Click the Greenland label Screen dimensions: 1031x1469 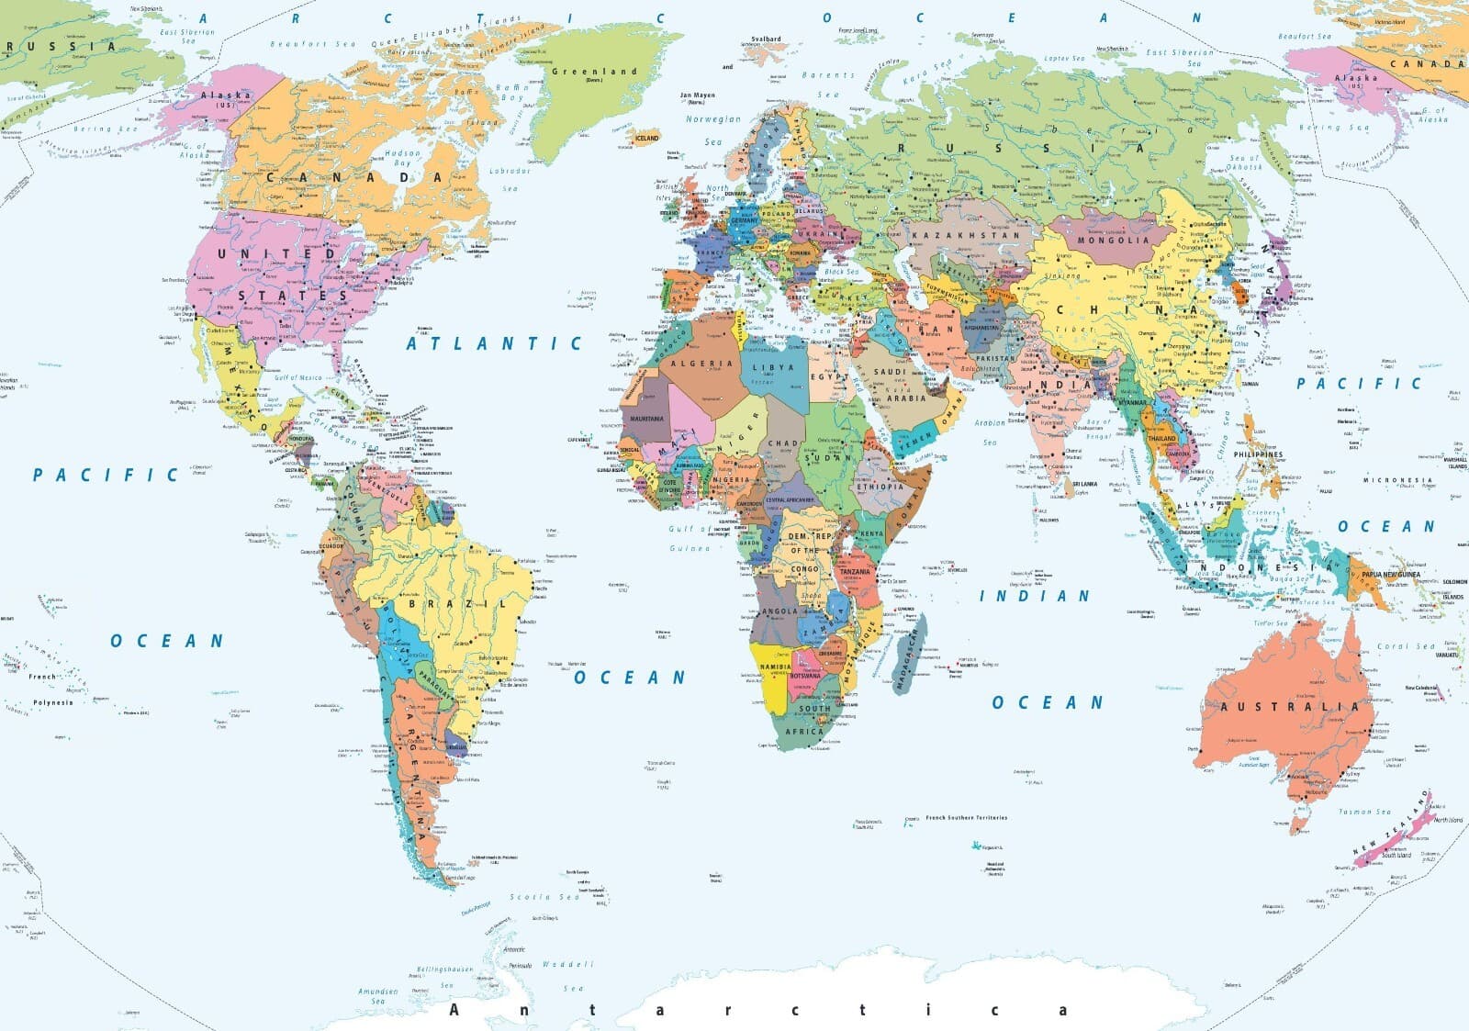tap(594, 71)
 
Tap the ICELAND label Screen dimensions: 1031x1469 tap(647, 138)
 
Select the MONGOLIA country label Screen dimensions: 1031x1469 tap(1113, 241)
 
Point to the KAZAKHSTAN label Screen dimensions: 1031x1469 tap(966, 235)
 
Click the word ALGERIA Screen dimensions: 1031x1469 tap(702, 364)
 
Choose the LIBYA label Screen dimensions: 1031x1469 tap(773, 367)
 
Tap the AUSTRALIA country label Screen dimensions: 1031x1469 tap(1289, 707)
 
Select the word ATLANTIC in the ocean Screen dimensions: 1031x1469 tap(494, 343)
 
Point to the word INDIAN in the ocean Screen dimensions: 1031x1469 tap(1035, 596)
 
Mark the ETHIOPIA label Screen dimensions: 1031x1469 tap(880, 487)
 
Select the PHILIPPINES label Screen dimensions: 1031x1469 tap(1258, 454)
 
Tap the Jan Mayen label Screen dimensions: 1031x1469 tap(697, 95)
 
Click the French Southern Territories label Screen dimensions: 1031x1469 tap(966, 817)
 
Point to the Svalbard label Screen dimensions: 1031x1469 tap(766, 39)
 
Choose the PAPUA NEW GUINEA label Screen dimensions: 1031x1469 tap(1390, 575)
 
